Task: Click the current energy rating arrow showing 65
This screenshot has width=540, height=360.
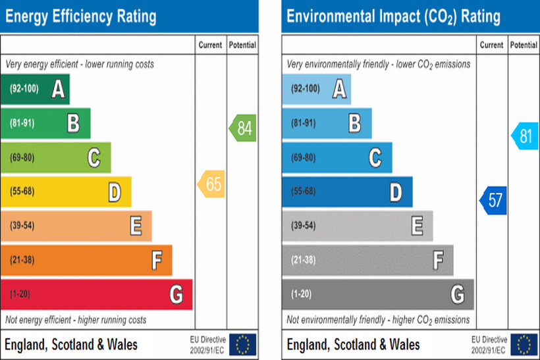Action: pyautogui.click(x=211, y=184)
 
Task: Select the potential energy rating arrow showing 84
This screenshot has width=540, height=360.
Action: pyautogui.click(x=243, y=128)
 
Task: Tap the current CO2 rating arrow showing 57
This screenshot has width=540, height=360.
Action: pyautogui.click(x=493, y=200)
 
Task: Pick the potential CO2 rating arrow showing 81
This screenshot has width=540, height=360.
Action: pyautogui.click(x=524, y=136)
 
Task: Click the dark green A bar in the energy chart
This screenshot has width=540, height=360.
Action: pyautogui.click(x=35, y=89)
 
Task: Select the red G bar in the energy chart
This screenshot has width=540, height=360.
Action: pyautogui.click(x=96, y=294)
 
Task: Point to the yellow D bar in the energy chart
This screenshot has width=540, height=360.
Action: pyautogui.click(x=66, y=192)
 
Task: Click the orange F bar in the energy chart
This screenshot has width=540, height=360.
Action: pyautogui.click(x=86, y=260)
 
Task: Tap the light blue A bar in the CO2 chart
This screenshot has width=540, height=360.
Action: pyautogui.click(x=316, y=89)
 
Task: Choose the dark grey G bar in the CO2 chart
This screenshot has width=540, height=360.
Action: pyautogui.click(x=377, y=294)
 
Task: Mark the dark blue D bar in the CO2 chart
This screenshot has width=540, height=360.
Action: pyautogui.click(x=347, y=192)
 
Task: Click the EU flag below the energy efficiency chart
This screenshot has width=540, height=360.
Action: pyautogui.click(x=243, y=344)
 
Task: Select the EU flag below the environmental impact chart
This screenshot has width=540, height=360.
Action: pyautogui.click(x=524, y=344)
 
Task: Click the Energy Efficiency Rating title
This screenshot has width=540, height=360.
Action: pyautogui.click(x=81, y=16)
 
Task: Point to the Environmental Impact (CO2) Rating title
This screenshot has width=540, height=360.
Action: pyautogui.click(x=393, y=16)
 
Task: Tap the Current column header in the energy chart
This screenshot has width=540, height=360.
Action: pyautogui.click(x=211, y=45)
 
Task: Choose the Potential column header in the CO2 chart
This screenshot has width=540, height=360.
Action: pyautogui.click(x=524, y=45)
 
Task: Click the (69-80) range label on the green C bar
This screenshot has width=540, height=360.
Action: pyautogui.click(x=22, y=157)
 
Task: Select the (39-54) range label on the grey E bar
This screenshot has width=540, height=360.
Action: pyautogui.click(x=303, y=226)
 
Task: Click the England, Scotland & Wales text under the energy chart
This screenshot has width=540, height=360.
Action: pyautogui.click(x=71, y=344)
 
